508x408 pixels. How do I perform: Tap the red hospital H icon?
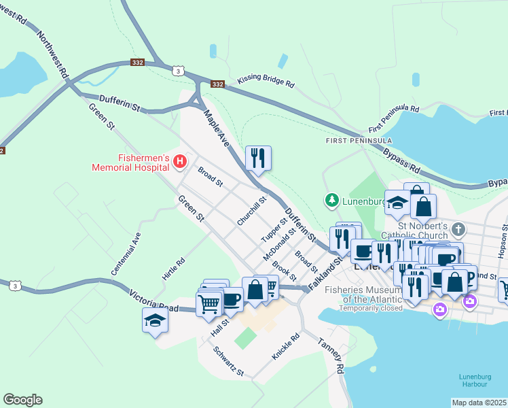(180, 161)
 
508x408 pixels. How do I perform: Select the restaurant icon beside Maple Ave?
(258, 158)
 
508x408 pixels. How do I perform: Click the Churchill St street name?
(251, 211)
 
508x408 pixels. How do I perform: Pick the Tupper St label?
(274, 231)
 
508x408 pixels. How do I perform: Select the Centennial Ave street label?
(126, 248)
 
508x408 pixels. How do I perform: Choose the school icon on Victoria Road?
(155, 320)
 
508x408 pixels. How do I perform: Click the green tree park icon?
(331, 200)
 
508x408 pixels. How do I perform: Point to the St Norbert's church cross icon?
(459, 228)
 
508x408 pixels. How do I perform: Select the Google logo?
(22, 400)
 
